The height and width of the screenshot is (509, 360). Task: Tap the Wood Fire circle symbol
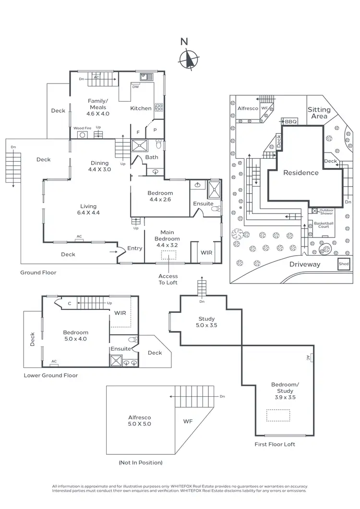coord(82,135)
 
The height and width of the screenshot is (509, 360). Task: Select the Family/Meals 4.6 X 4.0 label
coord(98,107)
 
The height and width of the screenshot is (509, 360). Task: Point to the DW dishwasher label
coord(135,87)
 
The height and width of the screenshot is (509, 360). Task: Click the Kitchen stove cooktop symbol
coord(158,107)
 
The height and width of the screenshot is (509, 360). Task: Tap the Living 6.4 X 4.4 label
coord(90,209)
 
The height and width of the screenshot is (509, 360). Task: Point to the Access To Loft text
coord(168,279)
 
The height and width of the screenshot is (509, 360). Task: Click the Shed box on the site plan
coord(344,264)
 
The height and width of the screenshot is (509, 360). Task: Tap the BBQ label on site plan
coord(291,122)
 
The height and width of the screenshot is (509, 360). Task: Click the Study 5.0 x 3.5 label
coord(206,322)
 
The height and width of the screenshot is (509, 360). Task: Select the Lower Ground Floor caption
coord(50,375)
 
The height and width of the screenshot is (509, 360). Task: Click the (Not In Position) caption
coord(140,462)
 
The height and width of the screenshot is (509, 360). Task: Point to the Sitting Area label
coord(319,113)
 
